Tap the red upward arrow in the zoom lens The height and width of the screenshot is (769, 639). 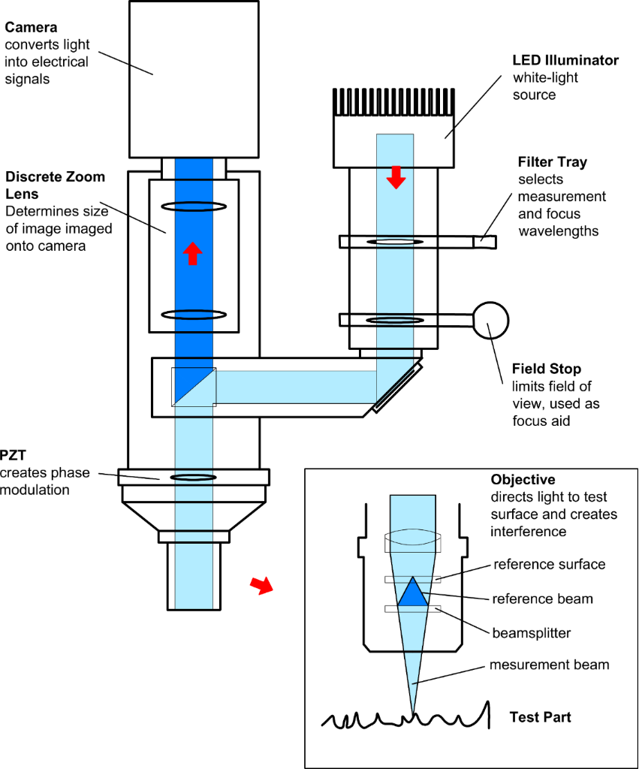click(x=193, y=255)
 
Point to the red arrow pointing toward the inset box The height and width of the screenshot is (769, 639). click(x=261, y=586)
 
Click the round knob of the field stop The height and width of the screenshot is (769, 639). click(x=490, y=320)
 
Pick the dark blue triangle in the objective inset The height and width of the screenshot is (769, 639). click(x=411, y=593)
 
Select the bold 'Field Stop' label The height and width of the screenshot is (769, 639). click(x=546, y=369)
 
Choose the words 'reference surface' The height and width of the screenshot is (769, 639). click(x=549, y=564)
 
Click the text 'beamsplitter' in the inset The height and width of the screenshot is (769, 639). click(x=532, y=633)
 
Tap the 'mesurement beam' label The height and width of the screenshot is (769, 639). click(x=549, y=666)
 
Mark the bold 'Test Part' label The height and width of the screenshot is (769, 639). click(x=540, y=717)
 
